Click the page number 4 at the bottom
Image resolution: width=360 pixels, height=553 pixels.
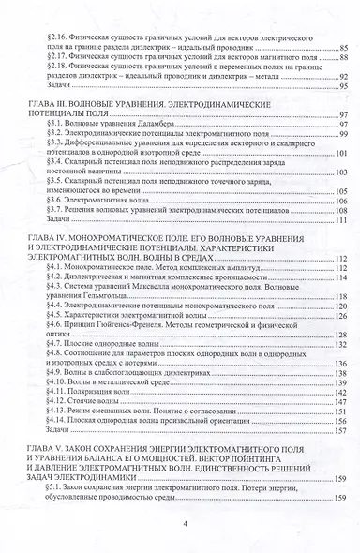pyautogui.click(x=187, y=524)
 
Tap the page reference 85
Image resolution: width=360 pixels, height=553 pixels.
pyautogui.click(x=343, y=45)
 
